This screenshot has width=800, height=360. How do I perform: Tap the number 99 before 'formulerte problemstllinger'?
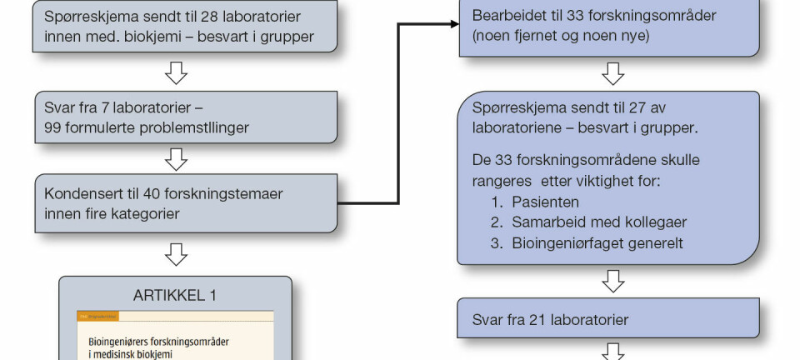[x=56, y=127]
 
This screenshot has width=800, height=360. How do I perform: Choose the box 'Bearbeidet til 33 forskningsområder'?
[x=609, y=26]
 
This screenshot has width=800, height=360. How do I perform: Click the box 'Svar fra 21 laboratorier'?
[x=609, y=318]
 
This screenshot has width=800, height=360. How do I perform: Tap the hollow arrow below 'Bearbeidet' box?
[x=613, y=74]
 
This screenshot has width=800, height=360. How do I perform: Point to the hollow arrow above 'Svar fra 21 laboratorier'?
[x=613, y=281]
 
